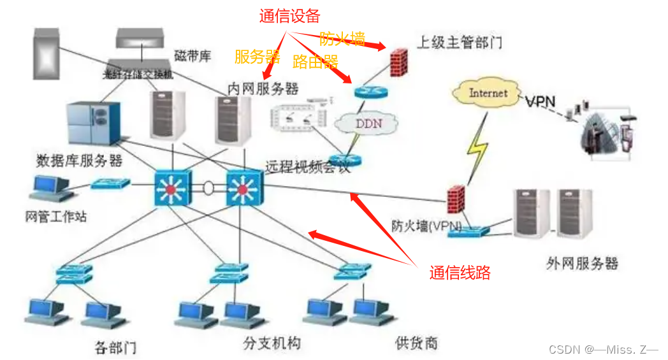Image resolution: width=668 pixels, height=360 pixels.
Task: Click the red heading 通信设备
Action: point(289,17)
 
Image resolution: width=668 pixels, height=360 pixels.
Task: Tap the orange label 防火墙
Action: point(342,39)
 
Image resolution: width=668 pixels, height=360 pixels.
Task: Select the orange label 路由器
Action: point(315,61)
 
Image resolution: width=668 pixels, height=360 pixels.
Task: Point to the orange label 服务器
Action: point(258,57)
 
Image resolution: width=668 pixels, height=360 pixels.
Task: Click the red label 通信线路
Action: point(460,273)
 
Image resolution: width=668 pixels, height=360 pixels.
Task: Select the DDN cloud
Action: point(368,122)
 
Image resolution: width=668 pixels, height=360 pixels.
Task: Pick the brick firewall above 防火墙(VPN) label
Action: point(454,199)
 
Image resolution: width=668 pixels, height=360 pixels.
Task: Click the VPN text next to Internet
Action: point(541,101)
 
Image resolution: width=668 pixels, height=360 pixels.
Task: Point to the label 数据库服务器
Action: point(80,159)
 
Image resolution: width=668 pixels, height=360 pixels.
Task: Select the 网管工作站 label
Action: point(55,217)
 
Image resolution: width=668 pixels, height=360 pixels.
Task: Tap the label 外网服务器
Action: point(582,263)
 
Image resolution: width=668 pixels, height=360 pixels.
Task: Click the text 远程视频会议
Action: point(308,168)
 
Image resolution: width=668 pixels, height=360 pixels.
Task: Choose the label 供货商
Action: point(416,343)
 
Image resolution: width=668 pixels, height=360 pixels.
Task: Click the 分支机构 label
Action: point(272,343)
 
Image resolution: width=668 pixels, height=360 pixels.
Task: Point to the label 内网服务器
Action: point(263,88)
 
